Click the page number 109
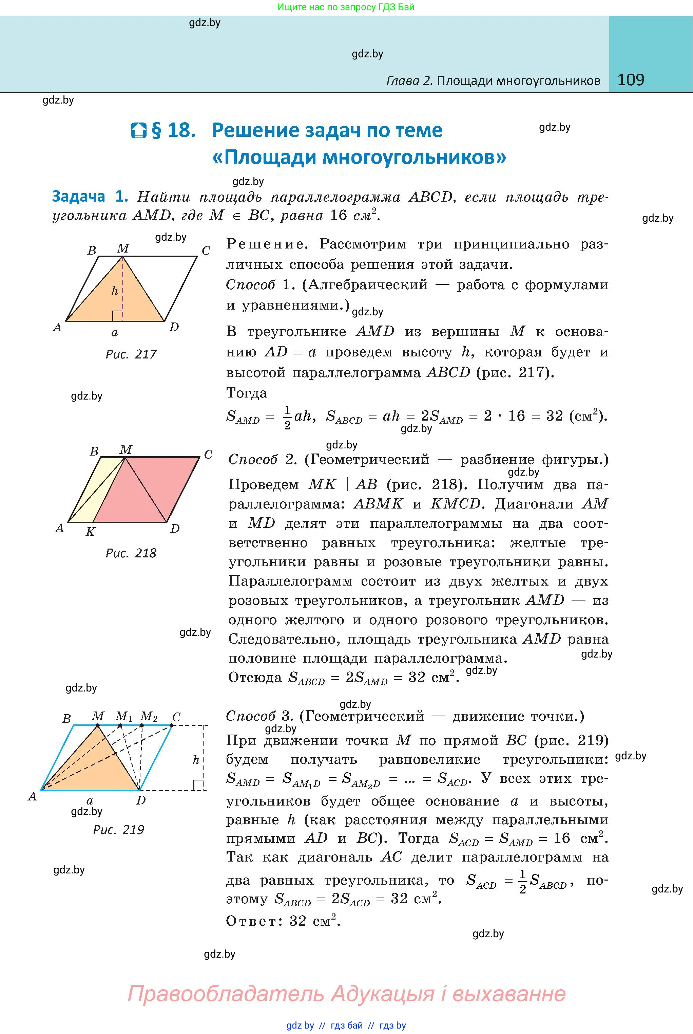pyautogui.click(x=630, y=80)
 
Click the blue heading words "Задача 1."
pyautogui.click(x=90, y=196)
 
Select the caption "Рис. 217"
pyautogui.click(x=131, y=354)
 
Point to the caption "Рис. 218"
pyautogui.click(x=131, y=553)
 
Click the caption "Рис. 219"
pyautogui.click(x=118, y=830)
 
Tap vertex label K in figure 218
pyautogui.click(x=90, y=532)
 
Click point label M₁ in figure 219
pyautogui.click(x=123, y=716)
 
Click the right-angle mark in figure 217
pyautogui.click(x=117, y=316)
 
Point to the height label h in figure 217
pyautogui.click(x=114, y=291)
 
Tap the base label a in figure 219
pyautogui.click(x=90, y=800)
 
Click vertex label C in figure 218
pyautogui.click(x=208, y=455)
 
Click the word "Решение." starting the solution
pyautogui.click(x=265, y=244)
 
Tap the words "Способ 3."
pyautogui.click(x=260, y=716)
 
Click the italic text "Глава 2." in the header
pyautogui.click(x=409, y=80)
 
